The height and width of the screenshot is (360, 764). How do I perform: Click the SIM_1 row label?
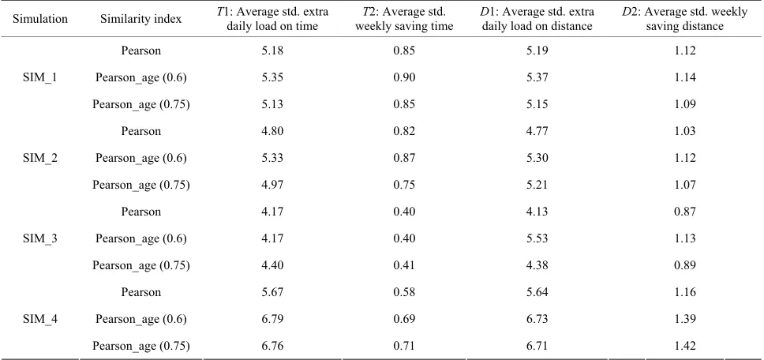coord(40,77)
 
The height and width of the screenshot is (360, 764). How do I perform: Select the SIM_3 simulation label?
coord(40,238)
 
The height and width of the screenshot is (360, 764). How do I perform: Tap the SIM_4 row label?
coord(40,319)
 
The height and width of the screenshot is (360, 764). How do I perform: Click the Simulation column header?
coord(40,19)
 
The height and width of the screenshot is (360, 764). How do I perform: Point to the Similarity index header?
coord(140,19)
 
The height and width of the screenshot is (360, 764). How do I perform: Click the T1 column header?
coord(272,19)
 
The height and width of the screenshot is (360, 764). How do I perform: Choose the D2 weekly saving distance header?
coord(684,19)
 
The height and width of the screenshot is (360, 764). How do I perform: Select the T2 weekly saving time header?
coord(404,19)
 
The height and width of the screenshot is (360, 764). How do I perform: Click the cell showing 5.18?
coord(272,51)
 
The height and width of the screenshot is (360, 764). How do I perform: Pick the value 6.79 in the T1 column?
coord(272,319)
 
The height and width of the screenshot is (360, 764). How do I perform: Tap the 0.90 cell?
coord(404,77)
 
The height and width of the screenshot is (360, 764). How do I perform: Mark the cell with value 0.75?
coord(404,185)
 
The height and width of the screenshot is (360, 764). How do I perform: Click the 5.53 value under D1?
coord(538,238)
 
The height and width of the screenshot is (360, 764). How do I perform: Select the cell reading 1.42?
coord(684,347)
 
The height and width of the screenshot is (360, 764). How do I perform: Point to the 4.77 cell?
coord(538,131)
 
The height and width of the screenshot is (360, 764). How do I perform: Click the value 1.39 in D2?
coord(684,319)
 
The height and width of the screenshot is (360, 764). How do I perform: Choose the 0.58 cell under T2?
coord(404,292)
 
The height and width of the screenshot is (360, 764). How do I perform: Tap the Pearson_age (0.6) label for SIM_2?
coord(140,159)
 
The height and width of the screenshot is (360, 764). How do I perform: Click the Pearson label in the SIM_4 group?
coord(140,292)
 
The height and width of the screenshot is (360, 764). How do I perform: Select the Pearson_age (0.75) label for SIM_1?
coord(140,104)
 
